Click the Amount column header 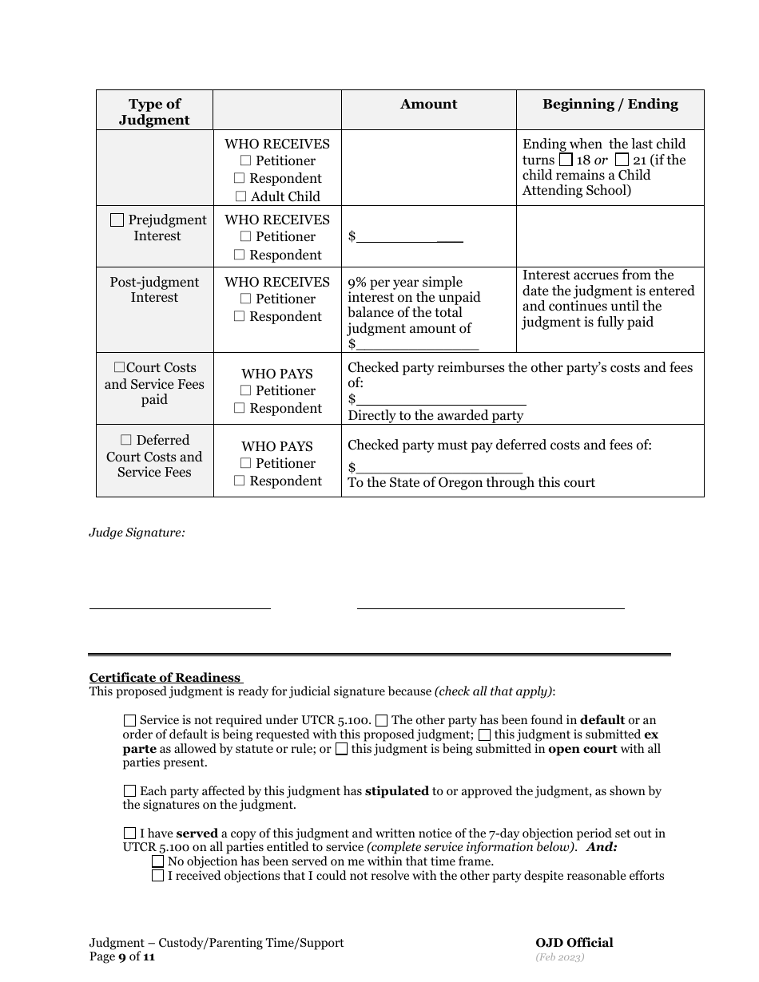click(428, 104)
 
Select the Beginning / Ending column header click(610, 104)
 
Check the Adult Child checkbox click(240, 196)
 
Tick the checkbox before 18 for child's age click(566, 160)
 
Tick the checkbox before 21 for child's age click(622, 160)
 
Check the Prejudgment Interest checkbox click(117, 220)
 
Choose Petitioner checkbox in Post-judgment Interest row click(245, 299)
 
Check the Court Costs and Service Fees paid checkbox click(119, 368)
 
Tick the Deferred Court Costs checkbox click(126, 440)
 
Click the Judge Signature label click(137, 532)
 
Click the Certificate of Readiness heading click(165, 678)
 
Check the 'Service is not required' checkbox click(130, 720)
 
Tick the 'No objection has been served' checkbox click(157, 861)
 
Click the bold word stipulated click(397, 791)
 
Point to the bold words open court click(582, 749)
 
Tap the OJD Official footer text click(574, 943)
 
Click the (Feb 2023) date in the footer click(560, 957)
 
